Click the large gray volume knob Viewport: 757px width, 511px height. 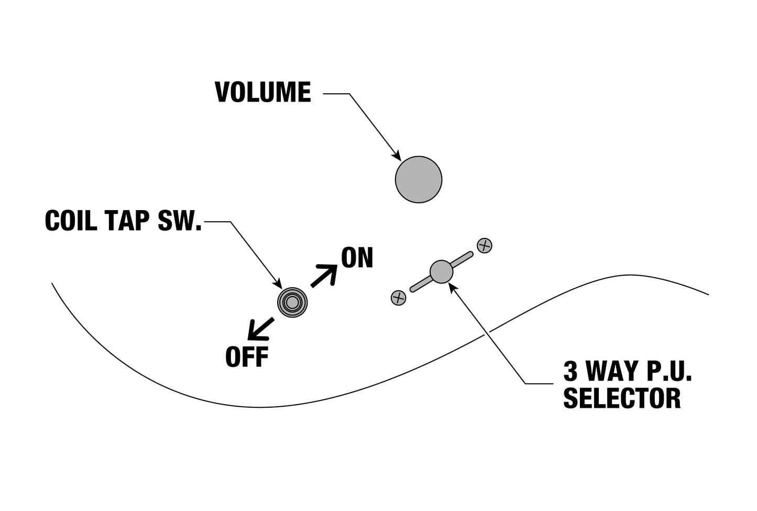click(419, 179)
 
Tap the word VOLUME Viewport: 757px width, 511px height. click(263, 93)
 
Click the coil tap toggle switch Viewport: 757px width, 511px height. click(292, 302)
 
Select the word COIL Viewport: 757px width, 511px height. click(71, 221)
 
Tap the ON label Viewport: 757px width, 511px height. click(357, 258)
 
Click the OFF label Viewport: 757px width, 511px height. click(247, 357)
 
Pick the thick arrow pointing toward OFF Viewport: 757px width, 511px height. click(260, 329)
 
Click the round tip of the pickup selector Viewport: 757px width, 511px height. click(441, 271)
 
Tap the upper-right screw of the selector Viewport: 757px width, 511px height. click(485, 245)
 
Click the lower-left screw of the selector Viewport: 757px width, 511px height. click(399, 298)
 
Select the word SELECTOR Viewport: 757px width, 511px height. click(622, 398)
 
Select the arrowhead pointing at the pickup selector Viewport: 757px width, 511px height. click(453, 287)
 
